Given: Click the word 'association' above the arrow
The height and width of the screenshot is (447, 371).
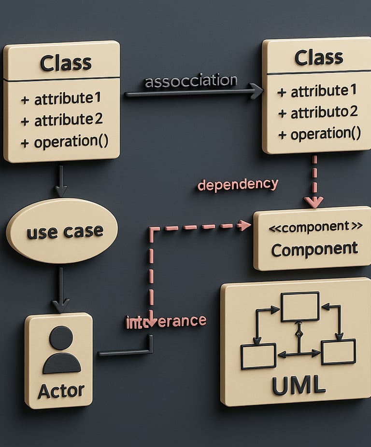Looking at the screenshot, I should click(191, 81).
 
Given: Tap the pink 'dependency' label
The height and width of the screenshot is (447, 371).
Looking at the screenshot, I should click(238, 185).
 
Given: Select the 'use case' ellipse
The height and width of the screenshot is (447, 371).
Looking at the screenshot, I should click(61, 231).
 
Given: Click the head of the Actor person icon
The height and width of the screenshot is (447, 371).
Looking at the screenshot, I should click(61, 338).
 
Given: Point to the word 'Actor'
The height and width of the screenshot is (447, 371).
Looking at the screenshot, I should click(61, 390).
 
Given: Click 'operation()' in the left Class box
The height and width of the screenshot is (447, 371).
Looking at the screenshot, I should click(64, 142).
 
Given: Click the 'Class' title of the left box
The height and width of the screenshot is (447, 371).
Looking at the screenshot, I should click(66, 63).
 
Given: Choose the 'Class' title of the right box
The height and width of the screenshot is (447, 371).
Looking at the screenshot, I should click(318, 58).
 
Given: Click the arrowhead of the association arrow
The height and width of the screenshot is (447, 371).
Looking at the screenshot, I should click(257, 91).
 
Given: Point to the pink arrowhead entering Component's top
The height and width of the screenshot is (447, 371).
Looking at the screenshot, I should click(314, 203).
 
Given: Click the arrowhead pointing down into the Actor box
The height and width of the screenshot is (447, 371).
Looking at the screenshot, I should click(60, 306).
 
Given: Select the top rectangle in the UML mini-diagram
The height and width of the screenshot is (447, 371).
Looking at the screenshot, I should click(300, 307).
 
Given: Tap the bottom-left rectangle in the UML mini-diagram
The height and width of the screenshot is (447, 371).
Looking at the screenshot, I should click(258, 356).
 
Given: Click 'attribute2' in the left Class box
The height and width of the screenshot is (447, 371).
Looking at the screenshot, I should click(61, 119).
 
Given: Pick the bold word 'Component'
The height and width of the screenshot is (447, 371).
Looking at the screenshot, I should click(314, 249).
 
